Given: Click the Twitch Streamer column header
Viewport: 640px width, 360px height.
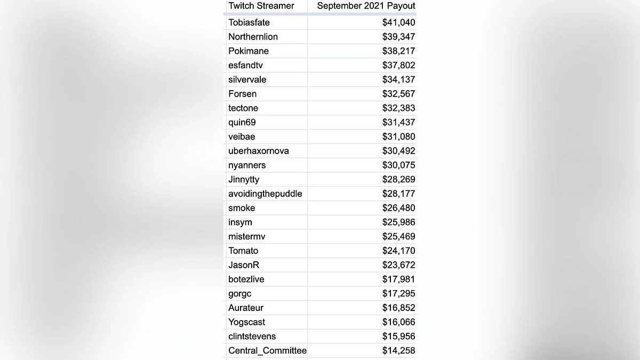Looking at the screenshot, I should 261,6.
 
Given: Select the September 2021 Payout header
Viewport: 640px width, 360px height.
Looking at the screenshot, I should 366,6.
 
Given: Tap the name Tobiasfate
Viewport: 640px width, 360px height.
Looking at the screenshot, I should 249,22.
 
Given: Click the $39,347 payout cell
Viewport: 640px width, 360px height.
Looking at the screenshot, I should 398,37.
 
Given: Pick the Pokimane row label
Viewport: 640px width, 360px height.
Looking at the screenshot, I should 249,51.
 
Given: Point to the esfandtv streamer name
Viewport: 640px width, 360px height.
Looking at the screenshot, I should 246,66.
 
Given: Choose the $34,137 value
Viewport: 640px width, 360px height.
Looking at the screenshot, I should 398,79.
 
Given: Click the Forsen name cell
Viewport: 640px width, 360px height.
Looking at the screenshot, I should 243,94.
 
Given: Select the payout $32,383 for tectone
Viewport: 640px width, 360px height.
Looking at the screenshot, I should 398,108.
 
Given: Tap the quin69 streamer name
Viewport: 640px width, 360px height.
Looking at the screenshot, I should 242,123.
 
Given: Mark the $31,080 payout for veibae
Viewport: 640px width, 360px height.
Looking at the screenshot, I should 398,137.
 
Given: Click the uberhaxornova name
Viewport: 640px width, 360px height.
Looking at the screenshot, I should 259,151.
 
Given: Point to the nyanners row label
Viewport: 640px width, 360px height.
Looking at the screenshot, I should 247,165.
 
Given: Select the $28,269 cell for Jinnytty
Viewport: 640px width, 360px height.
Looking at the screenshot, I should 398,180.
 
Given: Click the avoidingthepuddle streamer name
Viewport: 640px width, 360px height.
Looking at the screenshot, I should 265,194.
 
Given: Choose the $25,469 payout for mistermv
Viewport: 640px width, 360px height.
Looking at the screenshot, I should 398,237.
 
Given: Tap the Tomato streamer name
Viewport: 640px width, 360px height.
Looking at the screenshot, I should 243,251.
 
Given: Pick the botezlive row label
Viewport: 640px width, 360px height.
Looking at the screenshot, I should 246,279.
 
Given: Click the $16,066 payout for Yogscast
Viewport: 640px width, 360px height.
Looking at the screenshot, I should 398,322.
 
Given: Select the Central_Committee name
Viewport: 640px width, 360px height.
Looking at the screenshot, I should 268,351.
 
